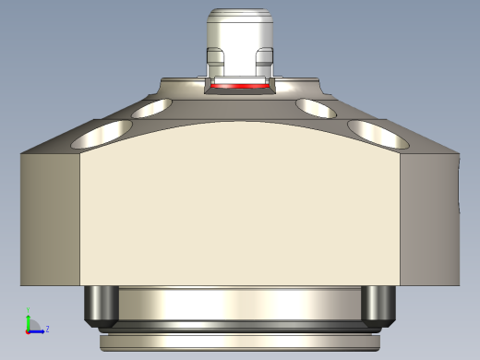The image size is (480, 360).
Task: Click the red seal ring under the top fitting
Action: click(x=240, y=86)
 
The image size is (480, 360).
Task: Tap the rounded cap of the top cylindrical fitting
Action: click(x=240, y=16)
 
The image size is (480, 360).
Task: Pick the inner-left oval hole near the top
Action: click(x=153, y=108)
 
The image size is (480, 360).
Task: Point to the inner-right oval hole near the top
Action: click(x=316, y=108)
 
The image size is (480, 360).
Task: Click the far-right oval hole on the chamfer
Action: click(x=378, y=135)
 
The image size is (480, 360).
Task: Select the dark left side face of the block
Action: click(x=51, y=217)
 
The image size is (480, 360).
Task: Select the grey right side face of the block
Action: click(x=429, y=217)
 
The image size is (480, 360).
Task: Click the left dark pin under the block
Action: click(x=100, y=306)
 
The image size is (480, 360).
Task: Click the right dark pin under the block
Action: click(x=377, y=306)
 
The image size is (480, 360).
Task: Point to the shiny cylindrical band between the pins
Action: click(x=240, y=303)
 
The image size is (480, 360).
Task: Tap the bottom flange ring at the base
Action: click(x=240, y=341)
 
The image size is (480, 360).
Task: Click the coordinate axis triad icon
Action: click(x=33, y=325)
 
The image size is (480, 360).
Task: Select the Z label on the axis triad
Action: click(x=47, y=328)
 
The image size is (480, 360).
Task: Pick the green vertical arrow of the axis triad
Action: click(x=28, y=318)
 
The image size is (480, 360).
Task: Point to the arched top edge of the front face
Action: click(x=240, y=121)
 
